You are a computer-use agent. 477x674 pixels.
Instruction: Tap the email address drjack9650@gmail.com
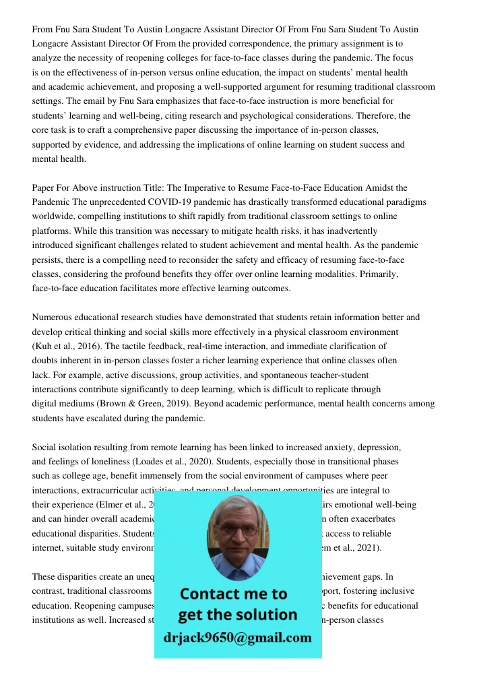238,638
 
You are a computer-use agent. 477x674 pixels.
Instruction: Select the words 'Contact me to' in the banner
233,594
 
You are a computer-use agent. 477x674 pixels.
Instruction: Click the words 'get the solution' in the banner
237,615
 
